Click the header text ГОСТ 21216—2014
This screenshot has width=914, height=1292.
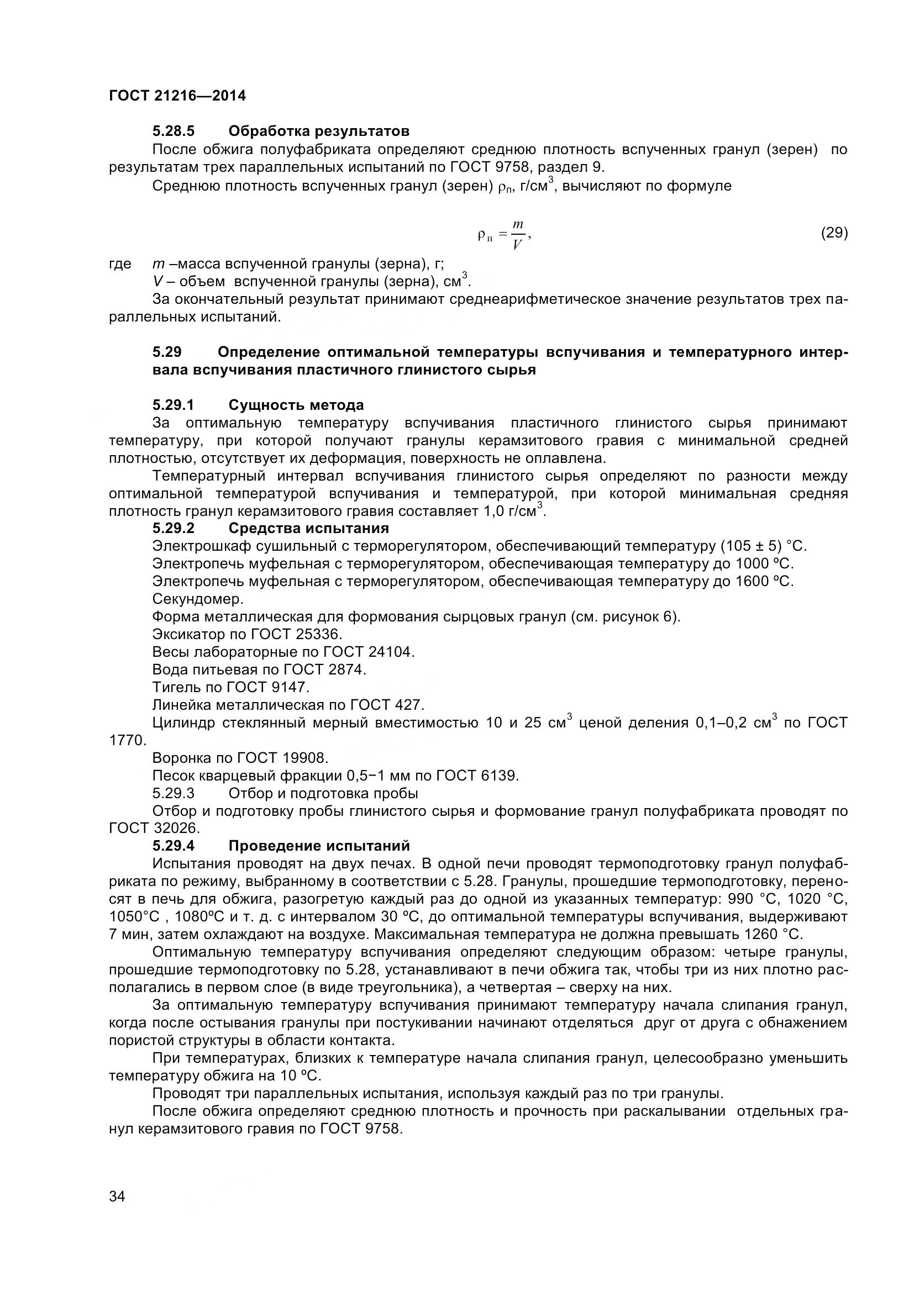pos(177,96)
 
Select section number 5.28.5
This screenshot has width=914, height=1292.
pos(174,131)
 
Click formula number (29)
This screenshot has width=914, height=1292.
pos(834,233)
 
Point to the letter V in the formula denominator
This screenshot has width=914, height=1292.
pos(517,245)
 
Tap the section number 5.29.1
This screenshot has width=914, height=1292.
pos(174,405)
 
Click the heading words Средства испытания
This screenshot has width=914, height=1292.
pos(308,529)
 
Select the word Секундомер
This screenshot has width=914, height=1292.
pos(197,599)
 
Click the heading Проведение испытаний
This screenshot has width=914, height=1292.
pos(319,846)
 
